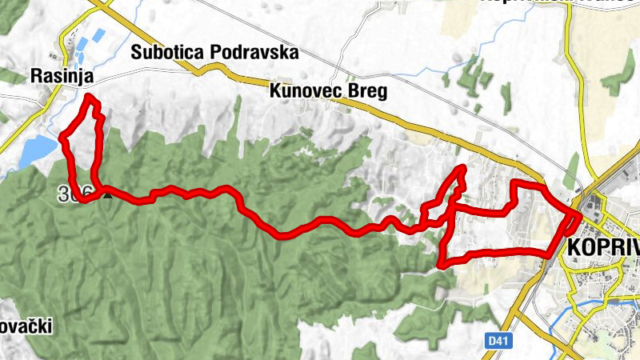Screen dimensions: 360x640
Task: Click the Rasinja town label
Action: pyautogui.click(x=62, y=76)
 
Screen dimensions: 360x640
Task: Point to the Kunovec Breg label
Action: pyautogui.click(x=328, y=91)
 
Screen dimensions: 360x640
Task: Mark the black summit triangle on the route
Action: pyautogui.click(x=105, y=193)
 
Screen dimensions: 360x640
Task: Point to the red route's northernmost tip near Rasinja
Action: pyautogui.click(x=88, y=98)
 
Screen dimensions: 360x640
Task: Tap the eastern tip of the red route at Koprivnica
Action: pyautogui.click(x=579, y=214)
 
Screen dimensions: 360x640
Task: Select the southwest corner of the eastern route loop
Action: pyautogui.click(x=441, y=262)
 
